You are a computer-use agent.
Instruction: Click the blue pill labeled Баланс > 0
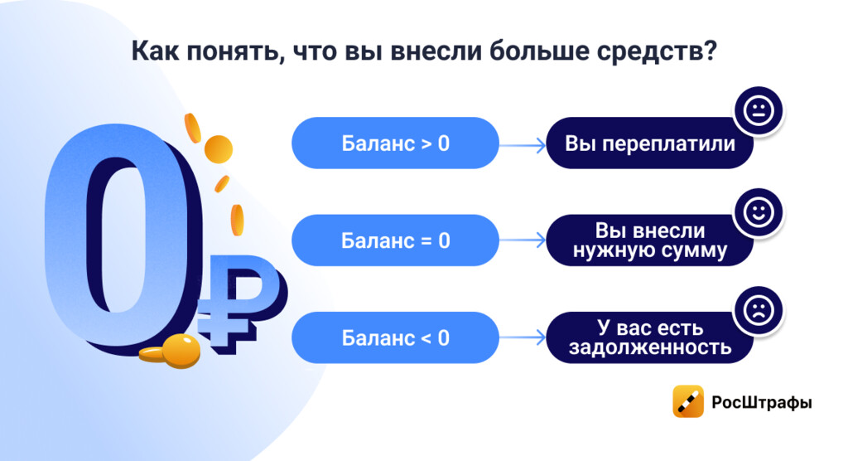click(x=395, y=143)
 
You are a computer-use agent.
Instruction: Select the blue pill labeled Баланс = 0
click(x=395, y=240)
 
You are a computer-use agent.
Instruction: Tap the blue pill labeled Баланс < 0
click(x=395, y=337)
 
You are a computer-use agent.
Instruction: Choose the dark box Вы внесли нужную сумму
click(x=649, y=240)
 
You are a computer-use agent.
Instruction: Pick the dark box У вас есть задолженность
click(x=649, y=337)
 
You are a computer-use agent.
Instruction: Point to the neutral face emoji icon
click(x=759, y=110)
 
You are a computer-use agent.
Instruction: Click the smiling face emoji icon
click(x=759, y=212)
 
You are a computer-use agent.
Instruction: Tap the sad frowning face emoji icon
click(x=759, y=310)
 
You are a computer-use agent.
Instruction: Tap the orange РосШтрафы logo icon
click(x=688, y=401)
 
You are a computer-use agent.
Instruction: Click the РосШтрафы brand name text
click(x=762, y=402)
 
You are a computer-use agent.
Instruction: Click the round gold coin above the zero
click(x=219, y=149)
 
